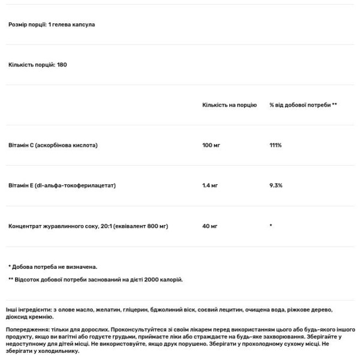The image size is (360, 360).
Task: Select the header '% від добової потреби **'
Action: (x=303, y=104)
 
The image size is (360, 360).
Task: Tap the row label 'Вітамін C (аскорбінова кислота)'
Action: (x=53, y=145)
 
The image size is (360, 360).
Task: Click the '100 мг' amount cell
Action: (x=211, y=145)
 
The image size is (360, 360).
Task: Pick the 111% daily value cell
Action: (x=275, y=145)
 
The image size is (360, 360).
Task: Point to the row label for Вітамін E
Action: (x=62, y=185)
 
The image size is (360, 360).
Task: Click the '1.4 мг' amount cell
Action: (x=210, y=185)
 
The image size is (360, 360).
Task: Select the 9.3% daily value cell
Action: (x=276, y=185)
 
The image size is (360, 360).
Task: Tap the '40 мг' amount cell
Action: (x=209, y=226)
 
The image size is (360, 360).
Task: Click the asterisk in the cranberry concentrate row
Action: (x=271, y=226)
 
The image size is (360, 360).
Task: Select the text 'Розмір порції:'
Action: (x=26, y=25)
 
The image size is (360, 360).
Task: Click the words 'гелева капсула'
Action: (x=73, y=25)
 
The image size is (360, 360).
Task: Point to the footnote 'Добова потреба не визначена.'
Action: (x=55, y=266)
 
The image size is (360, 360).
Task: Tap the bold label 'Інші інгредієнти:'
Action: (x=26, y=309)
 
